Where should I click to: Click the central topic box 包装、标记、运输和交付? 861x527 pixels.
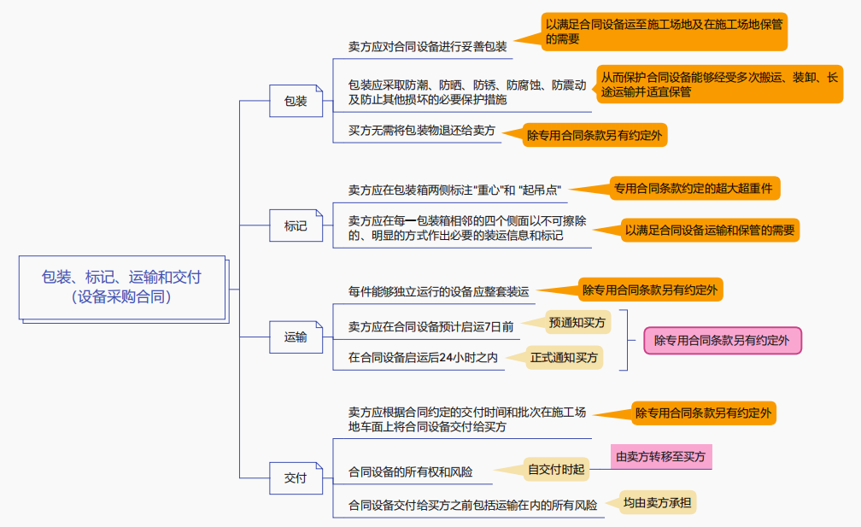122,287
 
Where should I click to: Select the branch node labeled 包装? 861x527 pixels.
296,101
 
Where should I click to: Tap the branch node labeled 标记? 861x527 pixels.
296,226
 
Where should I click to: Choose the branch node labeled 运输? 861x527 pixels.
296,337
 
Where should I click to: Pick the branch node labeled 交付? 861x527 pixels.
296,478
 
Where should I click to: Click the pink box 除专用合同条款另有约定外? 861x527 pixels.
722,340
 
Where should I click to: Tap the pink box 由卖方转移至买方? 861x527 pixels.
661,456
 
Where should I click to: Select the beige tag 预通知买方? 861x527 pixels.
577,322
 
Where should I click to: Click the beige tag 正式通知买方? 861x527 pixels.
564,357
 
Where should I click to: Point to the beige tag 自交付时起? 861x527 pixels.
557,469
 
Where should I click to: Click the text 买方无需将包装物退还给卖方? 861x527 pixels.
422,131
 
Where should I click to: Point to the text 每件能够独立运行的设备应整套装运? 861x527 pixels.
439,292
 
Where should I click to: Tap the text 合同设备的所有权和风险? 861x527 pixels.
410,471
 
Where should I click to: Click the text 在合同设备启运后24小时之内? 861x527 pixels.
423,358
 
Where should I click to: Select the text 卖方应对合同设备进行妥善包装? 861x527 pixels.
428,46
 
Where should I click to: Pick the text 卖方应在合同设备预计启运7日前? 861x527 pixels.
430,326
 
